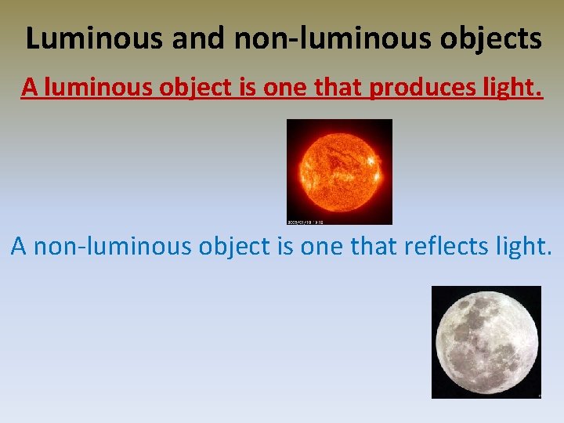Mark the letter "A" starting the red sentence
pos(30,88)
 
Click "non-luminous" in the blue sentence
pos(113,246)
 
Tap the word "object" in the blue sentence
pos(233,248)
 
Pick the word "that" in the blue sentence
pos(374,246)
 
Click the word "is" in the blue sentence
pos(285,246)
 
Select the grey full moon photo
pos(486,342)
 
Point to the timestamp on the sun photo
pos(305,221)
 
